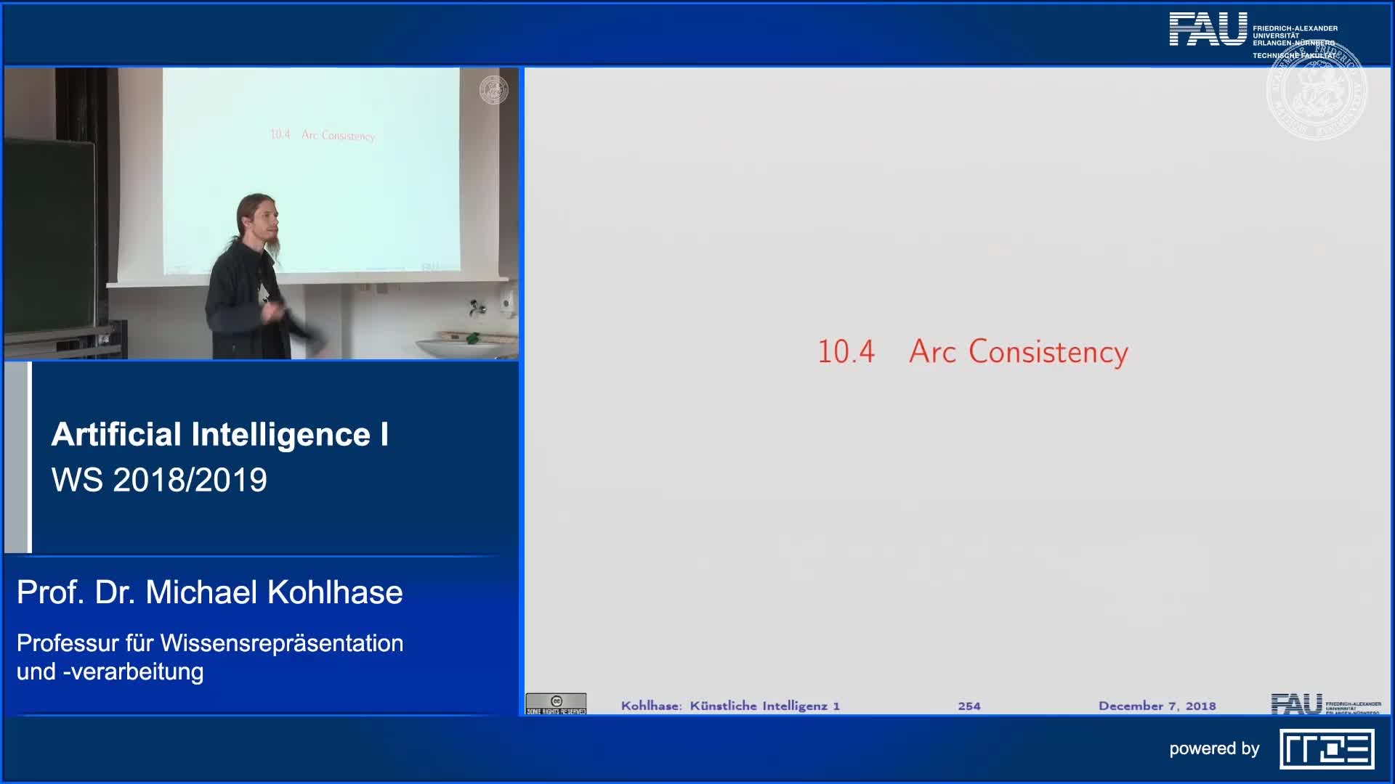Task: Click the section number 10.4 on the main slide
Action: tap(846, 352)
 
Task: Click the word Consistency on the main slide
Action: tap(1048, 353)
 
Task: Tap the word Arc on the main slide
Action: tap(932, 352)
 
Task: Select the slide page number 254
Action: tap(969, 706)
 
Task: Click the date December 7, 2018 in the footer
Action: tap(1157, 706)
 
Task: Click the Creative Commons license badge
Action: tap(556, 703)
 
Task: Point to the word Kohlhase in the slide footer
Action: tap(650, 706)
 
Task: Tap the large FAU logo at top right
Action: tap(1208, 30)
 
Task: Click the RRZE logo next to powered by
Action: tap(1327, 749)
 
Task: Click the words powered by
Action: tap(1213, 748)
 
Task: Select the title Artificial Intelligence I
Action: tap(219, 435)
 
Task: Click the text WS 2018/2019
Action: tap(159, 480)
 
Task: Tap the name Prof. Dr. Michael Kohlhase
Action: tap(209, 592)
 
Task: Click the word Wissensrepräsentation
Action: tap(282, 643)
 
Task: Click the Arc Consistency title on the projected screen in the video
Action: tap(323, 135)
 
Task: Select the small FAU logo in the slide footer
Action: tap(1296, 703)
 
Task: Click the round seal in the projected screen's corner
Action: tap(493, 90)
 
